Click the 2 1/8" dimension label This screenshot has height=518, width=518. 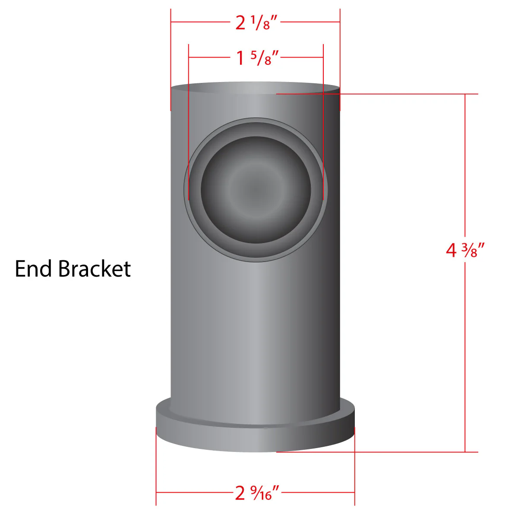coord(256,22)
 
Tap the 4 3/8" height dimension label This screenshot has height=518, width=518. coord(465,250)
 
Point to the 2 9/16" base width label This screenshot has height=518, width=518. coord(257,493)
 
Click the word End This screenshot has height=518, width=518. coord(33,268)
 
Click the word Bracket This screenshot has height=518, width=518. coord(95,268)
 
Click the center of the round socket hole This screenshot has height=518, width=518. coord(256,190)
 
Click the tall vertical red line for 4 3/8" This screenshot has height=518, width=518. coord(465,273)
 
